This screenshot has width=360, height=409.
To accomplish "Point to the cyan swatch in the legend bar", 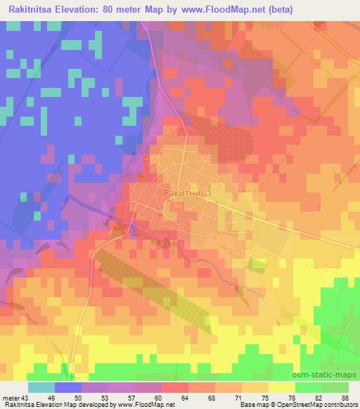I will [x=41, y=387].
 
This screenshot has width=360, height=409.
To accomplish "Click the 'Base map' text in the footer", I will [x=249, y=405].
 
